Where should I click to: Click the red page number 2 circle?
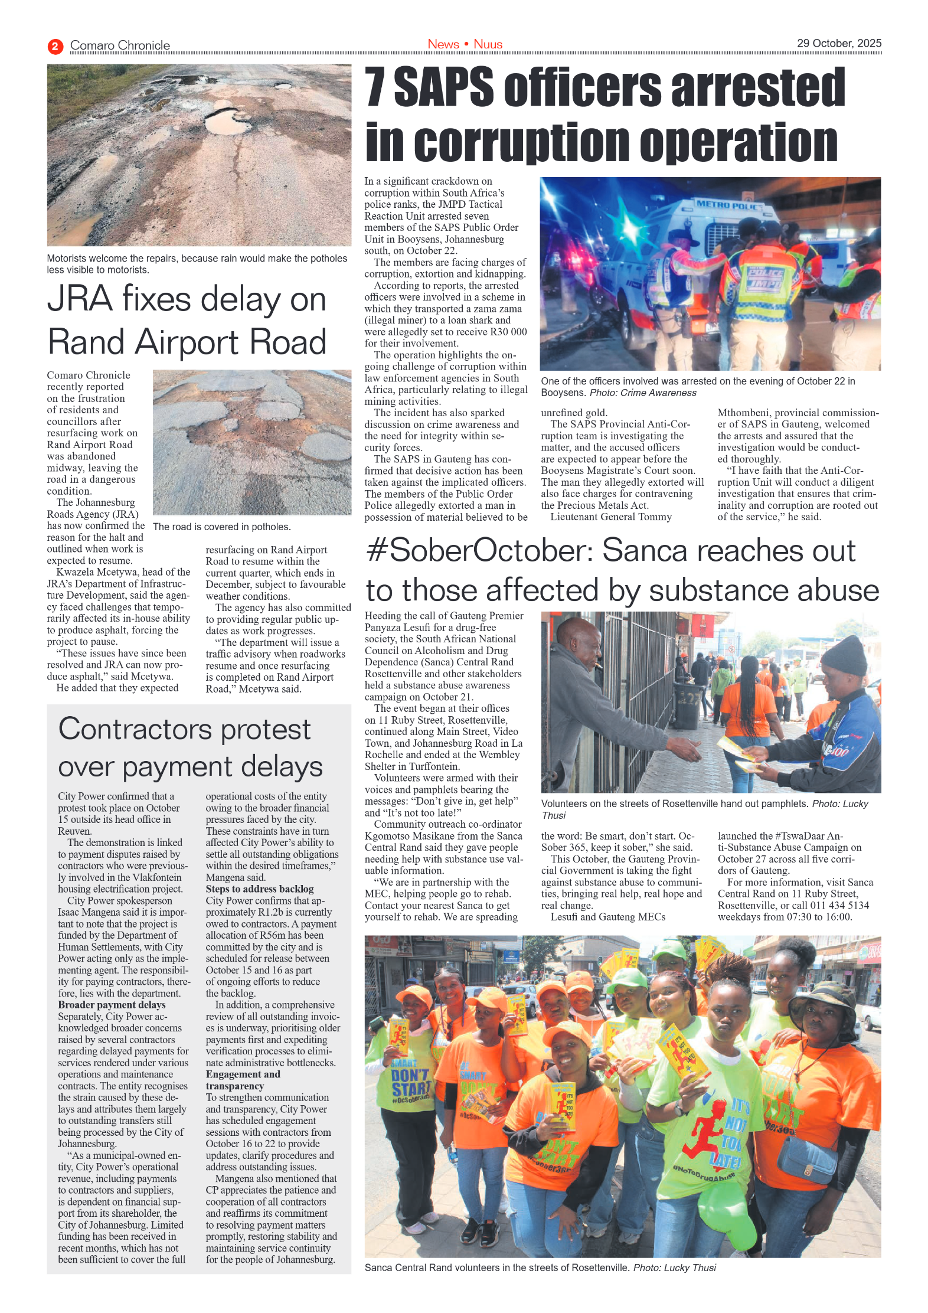pos(55,46)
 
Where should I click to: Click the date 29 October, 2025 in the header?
pos(838,43)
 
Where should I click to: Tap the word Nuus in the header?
pos(488,44)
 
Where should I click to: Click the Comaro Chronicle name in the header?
pos(120,45)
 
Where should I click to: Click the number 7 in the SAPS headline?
pos(375,87)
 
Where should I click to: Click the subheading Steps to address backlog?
pos(259,889)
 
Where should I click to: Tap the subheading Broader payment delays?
pos(111,1004)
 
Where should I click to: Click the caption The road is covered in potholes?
pos(221,527)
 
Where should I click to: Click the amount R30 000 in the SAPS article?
pos(503,332)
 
